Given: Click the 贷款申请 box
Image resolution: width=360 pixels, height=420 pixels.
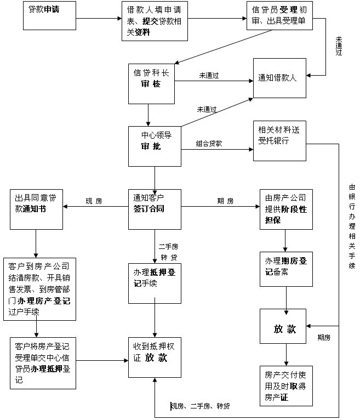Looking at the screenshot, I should click(x=49, y=16).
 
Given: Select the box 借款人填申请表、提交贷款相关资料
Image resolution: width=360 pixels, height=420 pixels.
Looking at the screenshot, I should click(x=155, y=21).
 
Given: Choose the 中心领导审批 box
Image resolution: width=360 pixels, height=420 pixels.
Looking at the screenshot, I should click(x=155, y=146).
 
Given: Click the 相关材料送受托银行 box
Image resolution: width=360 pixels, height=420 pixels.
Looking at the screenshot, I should click(x=279, y=141).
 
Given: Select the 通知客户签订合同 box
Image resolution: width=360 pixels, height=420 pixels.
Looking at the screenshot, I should click(x=155, y=209).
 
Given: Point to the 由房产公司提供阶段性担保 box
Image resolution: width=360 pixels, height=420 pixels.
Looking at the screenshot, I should click(x=286, y=209).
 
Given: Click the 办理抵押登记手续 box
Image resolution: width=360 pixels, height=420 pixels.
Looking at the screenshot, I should click(x=155, y=283).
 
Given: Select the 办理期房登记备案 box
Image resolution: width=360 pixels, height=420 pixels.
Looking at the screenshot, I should click(x=286, y=269).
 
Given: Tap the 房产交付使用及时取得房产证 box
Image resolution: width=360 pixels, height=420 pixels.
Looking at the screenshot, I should click(x=286, y=386).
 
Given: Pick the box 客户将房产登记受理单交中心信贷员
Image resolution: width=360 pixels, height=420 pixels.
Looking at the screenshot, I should click(x=42, y=363).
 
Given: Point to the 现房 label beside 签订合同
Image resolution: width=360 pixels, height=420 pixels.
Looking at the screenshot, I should click(x=94, y=201).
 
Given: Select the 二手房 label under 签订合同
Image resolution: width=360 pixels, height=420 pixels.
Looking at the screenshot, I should click(x=168, y=247).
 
